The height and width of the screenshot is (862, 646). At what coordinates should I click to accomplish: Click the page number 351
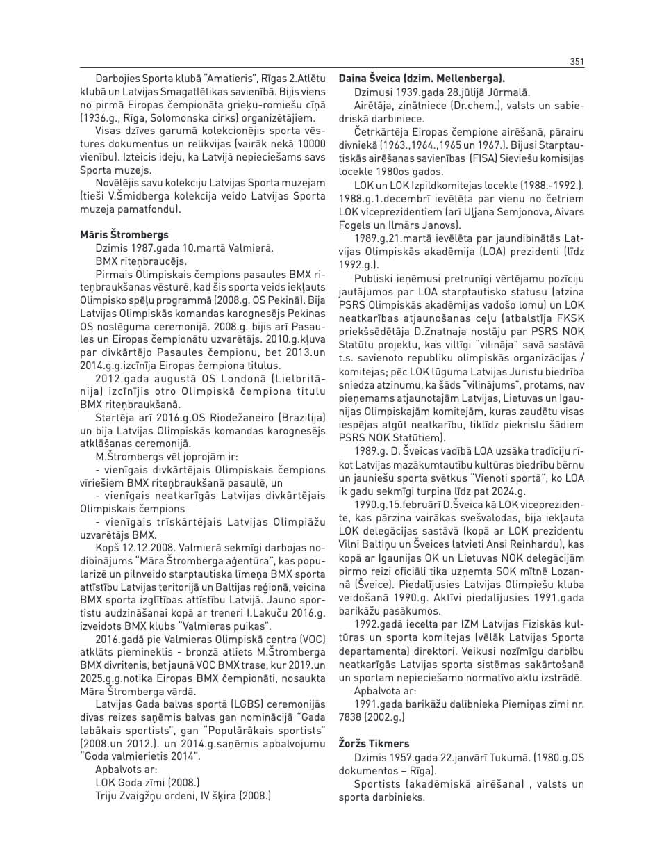click(x=577, y=62)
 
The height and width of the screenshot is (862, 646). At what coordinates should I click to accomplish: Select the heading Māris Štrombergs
click(x=124, y=235)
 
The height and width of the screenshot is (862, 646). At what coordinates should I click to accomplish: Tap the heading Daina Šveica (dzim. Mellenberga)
click(x=422, y=79)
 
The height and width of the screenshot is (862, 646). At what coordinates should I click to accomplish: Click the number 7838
click(x=352, y=717)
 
